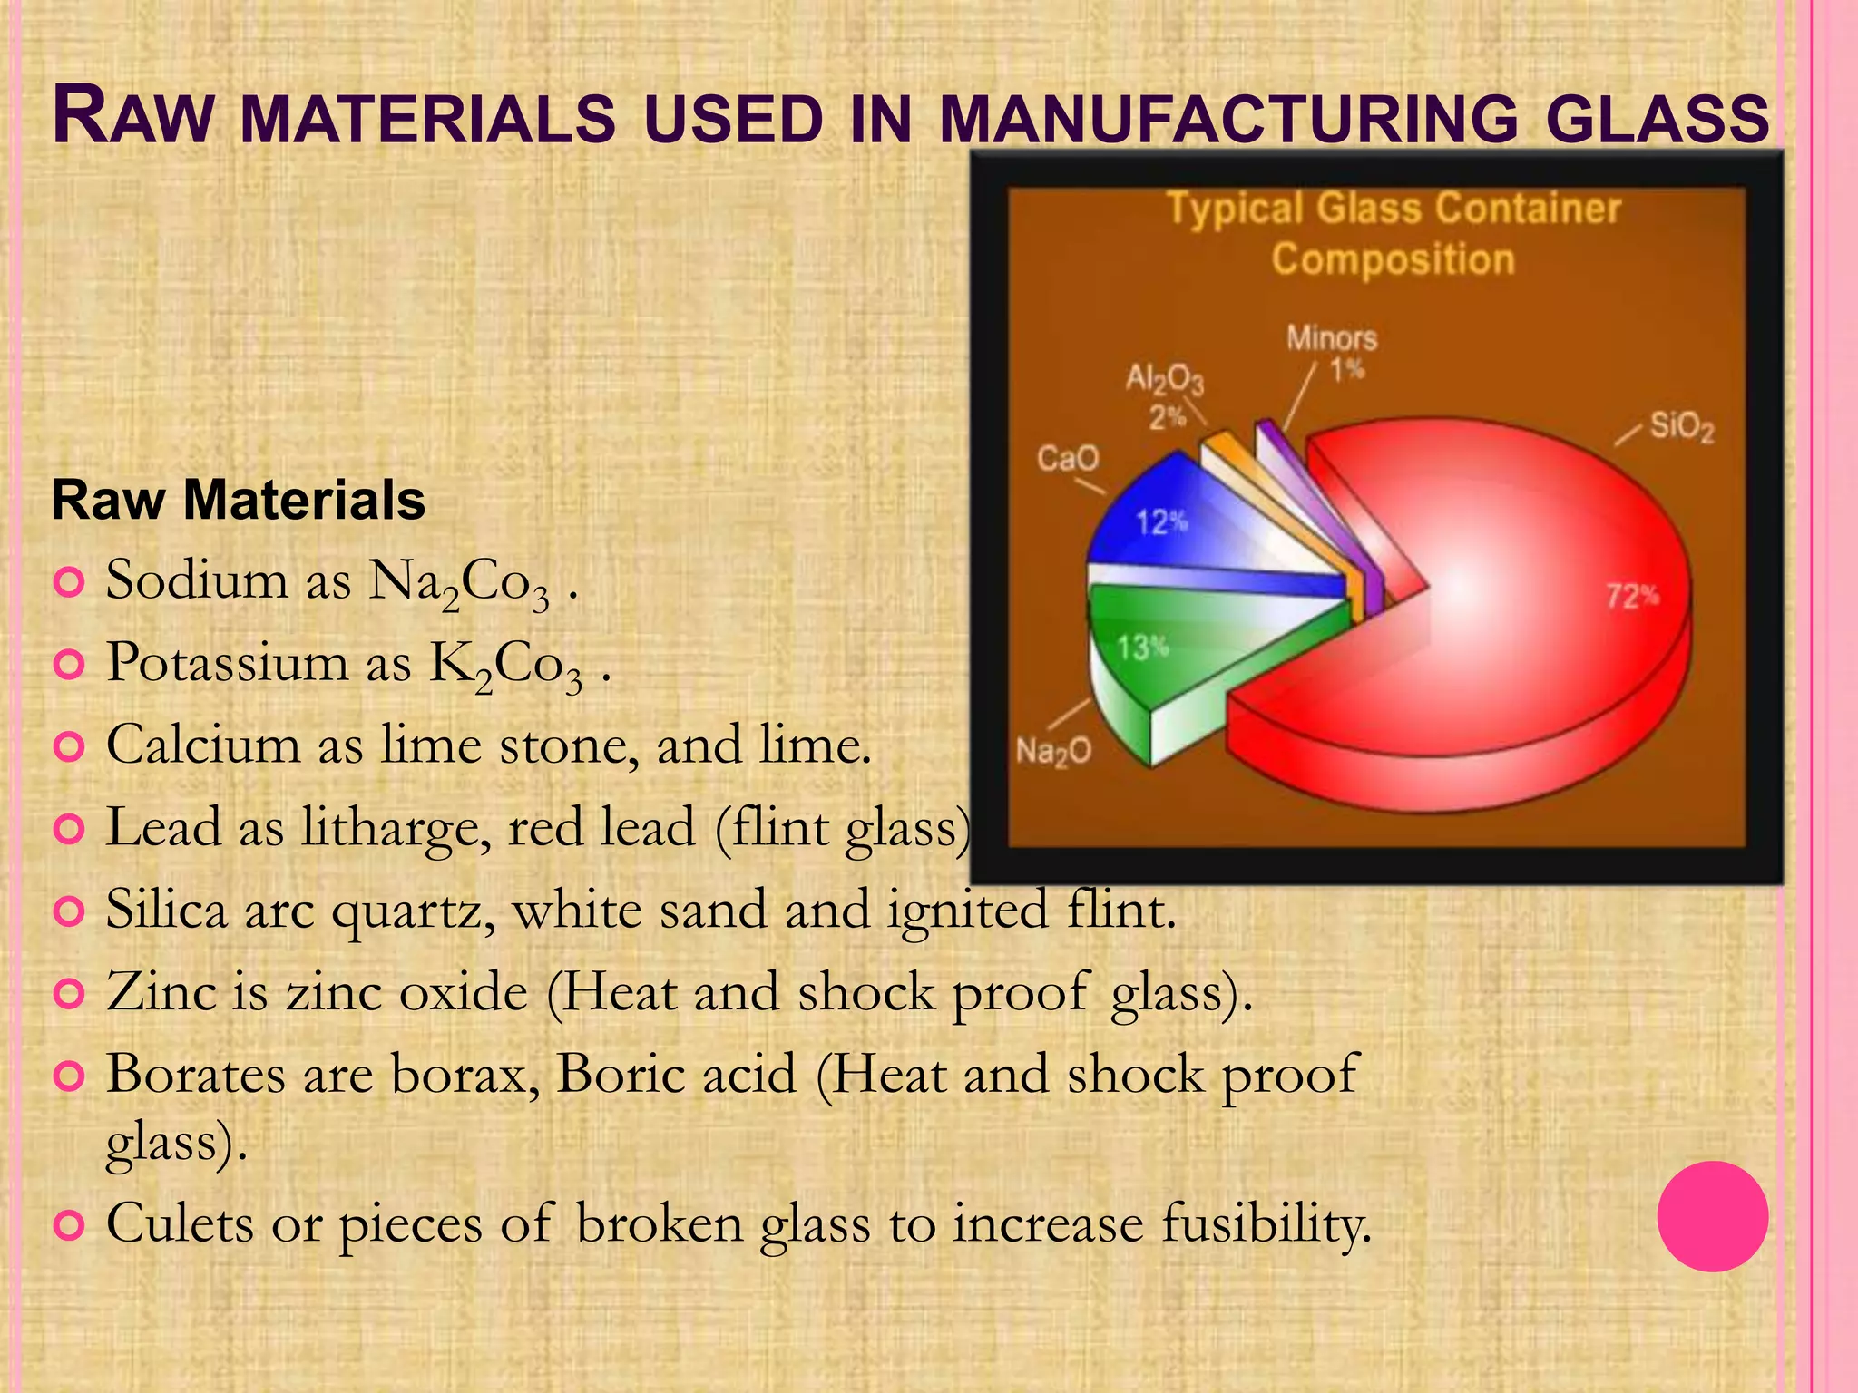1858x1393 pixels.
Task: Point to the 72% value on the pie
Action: click(1632, 596)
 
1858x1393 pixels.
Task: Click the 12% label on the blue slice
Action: click(1162, 522)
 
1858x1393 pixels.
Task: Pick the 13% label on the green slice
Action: click(1142, 648)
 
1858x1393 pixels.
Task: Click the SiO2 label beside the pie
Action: click(1681, 425)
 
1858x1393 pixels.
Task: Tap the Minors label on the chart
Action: click(1331, 339)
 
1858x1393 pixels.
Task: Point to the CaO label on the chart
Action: click(1067, 457)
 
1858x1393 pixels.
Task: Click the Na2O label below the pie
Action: click(1053, 751)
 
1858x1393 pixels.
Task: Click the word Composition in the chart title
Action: click(1393, 259)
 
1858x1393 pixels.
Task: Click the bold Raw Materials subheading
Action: click(239, 500)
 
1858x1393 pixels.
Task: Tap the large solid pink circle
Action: click(1712, 1216)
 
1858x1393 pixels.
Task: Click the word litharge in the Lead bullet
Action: click(396, 827)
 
